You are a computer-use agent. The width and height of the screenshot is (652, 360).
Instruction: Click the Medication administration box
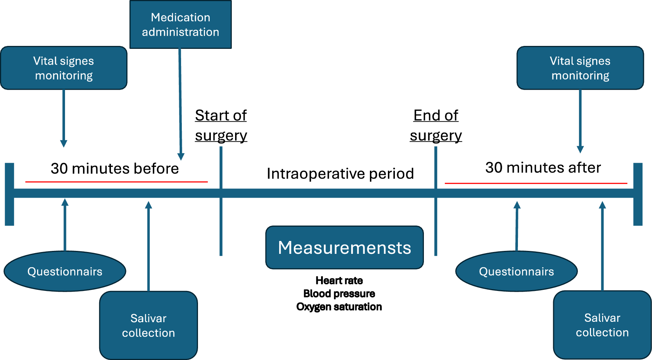(x=180, y=25)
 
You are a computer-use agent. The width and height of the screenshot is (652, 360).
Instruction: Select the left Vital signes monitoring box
(x=64, y=68)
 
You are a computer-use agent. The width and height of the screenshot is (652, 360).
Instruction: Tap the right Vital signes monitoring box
(x=580, y=68)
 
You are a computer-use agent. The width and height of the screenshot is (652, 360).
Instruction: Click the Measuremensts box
(x=344, y=248)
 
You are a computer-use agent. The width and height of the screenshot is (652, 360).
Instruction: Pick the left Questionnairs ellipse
(x=65, y=271)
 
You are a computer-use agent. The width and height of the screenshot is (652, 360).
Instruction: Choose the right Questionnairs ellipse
(x=516, y=271)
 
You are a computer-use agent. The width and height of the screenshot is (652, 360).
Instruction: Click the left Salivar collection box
(x=148, y=325)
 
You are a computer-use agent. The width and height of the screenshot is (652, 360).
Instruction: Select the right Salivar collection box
(x=602, y=325)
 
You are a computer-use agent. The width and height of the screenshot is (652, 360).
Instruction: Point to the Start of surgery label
(x=221, y=125)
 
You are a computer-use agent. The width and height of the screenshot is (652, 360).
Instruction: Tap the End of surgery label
(x=436, y=125)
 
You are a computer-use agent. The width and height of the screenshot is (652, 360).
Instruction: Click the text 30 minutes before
(x=115, y=169)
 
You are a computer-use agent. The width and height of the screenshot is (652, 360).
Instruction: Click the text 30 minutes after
(x=543, y=168)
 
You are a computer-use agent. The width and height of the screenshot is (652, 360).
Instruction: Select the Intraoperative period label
(x=340, y=173)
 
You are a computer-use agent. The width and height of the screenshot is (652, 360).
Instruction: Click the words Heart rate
(x=339, y=281)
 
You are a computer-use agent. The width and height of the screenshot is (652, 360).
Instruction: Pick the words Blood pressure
(x=339, y=294)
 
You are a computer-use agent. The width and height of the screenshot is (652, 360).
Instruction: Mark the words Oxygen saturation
(x=339, y=307)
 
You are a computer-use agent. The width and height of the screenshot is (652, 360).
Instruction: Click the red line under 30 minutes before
(x=116, y=181)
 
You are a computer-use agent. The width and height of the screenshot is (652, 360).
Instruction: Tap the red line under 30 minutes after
(x=536, y=183)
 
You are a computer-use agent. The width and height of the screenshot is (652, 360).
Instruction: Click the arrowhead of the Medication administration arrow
(x=181, y=157)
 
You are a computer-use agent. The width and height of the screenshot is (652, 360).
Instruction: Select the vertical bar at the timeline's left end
(x=9, y=194)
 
